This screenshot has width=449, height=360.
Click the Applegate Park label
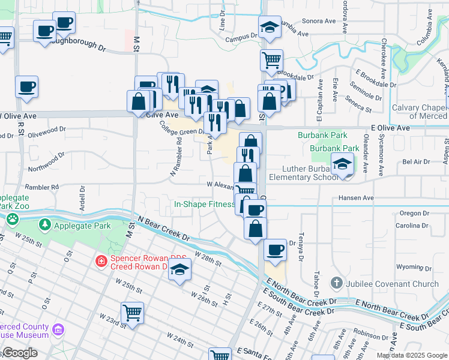click(x=82, y=226)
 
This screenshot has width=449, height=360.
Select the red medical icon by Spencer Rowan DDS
click(x=101, y=262)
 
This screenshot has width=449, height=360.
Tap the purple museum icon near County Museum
click(x=58, y=329)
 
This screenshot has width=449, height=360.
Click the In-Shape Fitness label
click(x=204, y=204)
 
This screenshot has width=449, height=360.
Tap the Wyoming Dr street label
click(x=410, y=266)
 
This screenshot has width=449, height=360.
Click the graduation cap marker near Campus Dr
click(x=270, y=28)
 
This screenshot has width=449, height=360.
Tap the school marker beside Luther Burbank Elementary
click(x=342, y=164)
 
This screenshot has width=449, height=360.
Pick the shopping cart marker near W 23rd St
click(x=132, y=312)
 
